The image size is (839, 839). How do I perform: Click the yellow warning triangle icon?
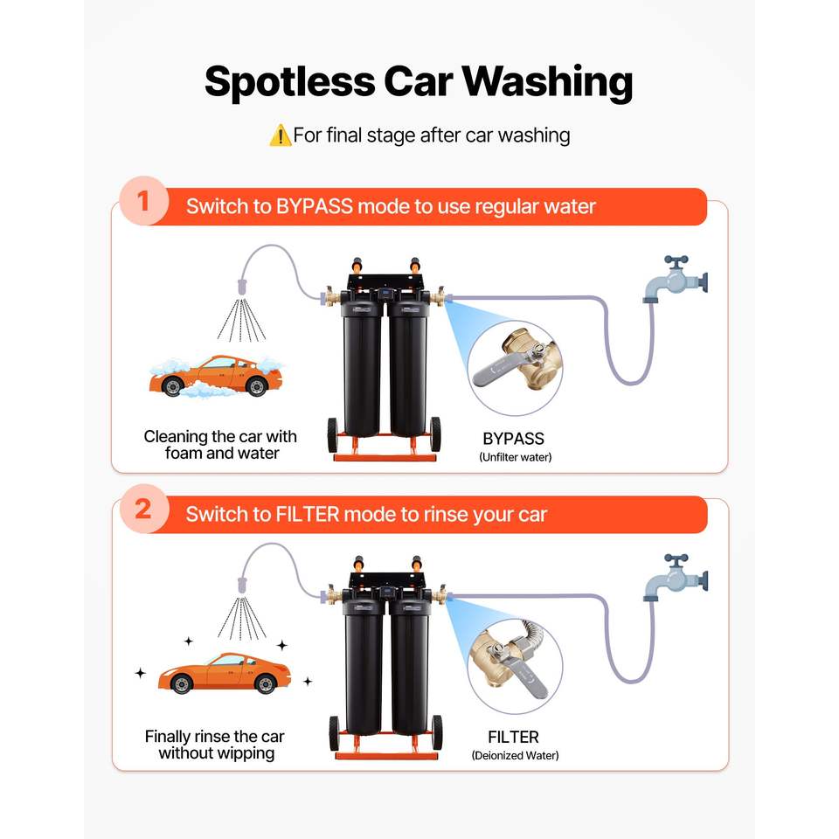tap(280, 135)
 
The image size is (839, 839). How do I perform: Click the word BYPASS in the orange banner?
tap(314, 206)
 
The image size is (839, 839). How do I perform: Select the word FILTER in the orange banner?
tap(308, 515)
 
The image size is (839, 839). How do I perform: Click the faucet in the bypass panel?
tap(676, 280)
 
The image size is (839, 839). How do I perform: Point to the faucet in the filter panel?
tap(676, 578)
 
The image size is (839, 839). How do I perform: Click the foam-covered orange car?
tap(216, 376)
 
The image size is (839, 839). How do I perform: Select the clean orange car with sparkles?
tap(225, 673)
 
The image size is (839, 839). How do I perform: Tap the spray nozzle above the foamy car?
tap(242, 287)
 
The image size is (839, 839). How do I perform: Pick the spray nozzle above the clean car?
tap(242, 585)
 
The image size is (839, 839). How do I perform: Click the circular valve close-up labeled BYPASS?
tap(515, 368)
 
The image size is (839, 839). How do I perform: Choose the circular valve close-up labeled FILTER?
tap(515, 666)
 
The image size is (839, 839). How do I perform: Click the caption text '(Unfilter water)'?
tap(516, 457)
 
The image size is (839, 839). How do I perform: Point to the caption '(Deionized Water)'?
tap(516, 755)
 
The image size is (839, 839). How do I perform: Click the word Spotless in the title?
tap(290, 82)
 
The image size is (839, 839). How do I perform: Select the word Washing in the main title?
tap(547, 82)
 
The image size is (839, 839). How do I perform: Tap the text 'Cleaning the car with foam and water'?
tap(220, 445)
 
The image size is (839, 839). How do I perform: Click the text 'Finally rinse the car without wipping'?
tap(215, 745)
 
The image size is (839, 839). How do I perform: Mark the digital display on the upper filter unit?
tap(385, 294)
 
